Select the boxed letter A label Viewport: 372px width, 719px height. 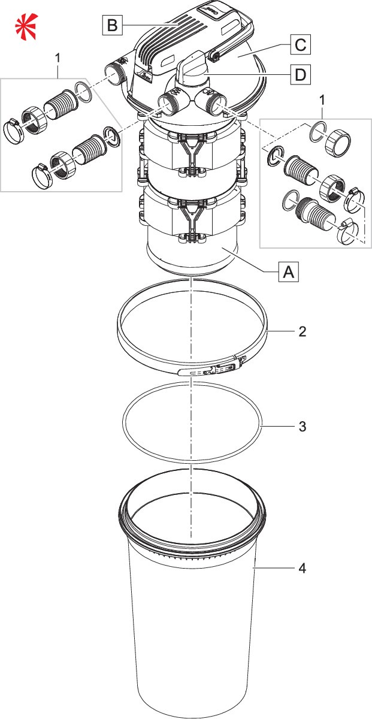pos(288,272)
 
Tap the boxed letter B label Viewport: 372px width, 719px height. pos(112,25)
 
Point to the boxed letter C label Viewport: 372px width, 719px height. pos(300,44)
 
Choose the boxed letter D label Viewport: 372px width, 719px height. pos(300,75)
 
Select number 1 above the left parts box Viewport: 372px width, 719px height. pos(58,58)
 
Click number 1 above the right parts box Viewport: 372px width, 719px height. pos(323,112)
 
